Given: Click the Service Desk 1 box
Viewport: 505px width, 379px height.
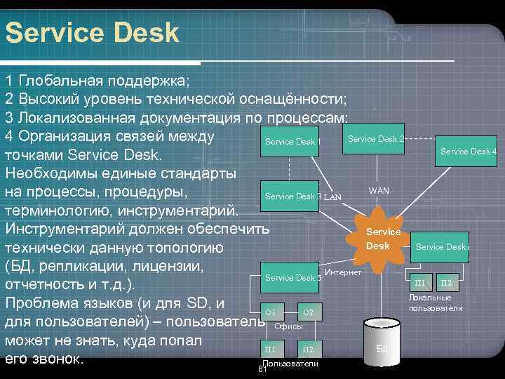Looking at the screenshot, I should pos(292,142).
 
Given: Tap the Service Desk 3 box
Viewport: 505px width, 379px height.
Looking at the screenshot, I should pos(293,196).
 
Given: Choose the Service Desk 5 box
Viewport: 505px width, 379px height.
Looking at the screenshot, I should pos(292,277).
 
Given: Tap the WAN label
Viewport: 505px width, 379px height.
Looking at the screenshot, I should pos(379,191).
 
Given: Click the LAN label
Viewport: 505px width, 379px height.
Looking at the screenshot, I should pos(332,197).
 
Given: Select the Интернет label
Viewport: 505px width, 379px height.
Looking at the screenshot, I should pos(344,272).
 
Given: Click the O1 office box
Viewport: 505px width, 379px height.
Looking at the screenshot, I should pos(271,311).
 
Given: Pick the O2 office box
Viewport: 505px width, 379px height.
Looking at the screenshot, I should pos(308,311).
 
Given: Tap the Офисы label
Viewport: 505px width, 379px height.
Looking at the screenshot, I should pos(288,326).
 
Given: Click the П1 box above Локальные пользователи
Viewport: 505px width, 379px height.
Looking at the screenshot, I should pos(420,283).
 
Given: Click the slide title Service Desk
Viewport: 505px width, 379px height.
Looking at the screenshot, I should pos(92,32).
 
